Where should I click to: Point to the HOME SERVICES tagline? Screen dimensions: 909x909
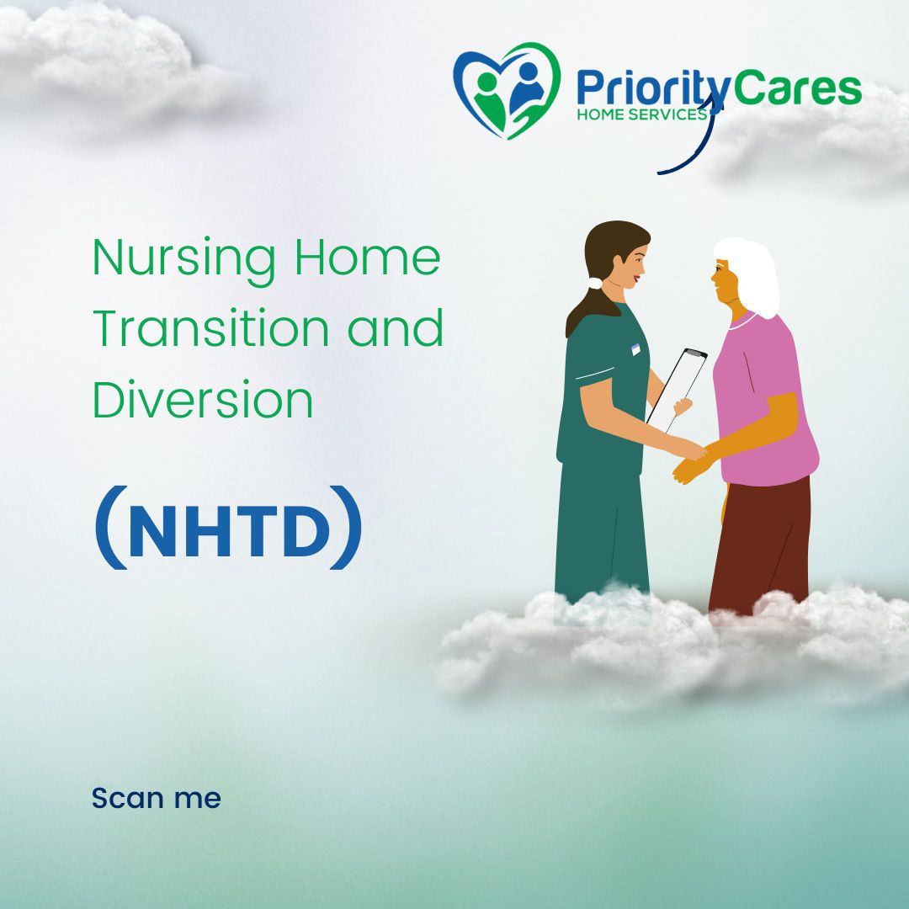click(x=640, y=114)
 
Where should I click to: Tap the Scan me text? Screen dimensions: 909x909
click(x=156, y=798)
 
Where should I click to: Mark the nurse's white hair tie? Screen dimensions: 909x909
click(x=595, y=284)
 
